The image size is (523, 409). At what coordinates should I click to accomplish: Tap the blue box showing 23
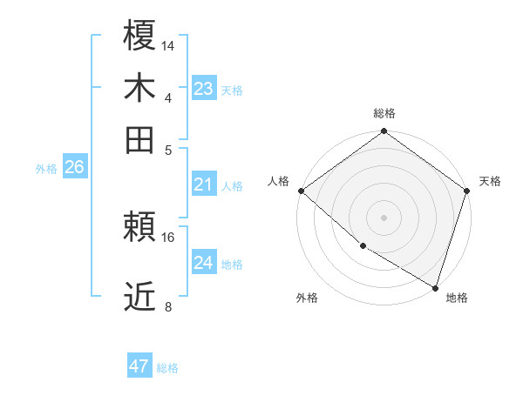(203, 88)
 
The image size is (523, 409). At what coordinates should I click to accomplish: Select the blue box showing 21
(203, 184)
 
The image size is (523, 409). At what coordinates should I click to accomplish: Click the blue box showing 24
(203, 262)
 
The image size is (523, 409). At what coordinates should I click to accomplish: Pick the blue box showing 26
(74, 167)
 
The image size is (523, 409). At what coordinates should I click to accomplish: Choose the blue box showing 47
(139, 366)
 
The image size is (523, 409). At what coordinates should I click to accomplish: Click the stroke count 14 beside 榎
(169, 44)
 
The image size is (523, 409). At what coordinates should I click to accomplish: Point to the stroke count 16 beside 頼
(169, 237)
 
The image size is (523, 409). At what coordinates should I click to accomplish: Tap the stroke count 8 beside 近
(169, 306)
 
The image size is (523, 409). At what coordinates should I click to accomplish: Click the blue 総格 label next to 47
(167, 368)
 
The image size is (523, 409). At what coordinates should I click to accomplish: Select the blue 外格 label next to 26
(46, 169)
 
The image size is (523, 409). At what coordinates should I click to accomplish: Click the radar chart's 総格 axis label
(384, 113)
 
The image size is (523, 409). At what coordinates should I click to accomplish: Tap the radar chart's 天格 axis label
(490, 181)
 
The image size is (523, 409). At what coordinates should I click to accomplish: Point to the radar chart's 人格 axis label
(279, 181)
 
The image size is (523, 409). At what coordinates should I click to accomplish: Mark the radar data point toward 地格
(435, 286)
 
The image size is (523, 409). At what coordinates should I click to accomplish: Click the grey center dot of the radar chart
(384, 217)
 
